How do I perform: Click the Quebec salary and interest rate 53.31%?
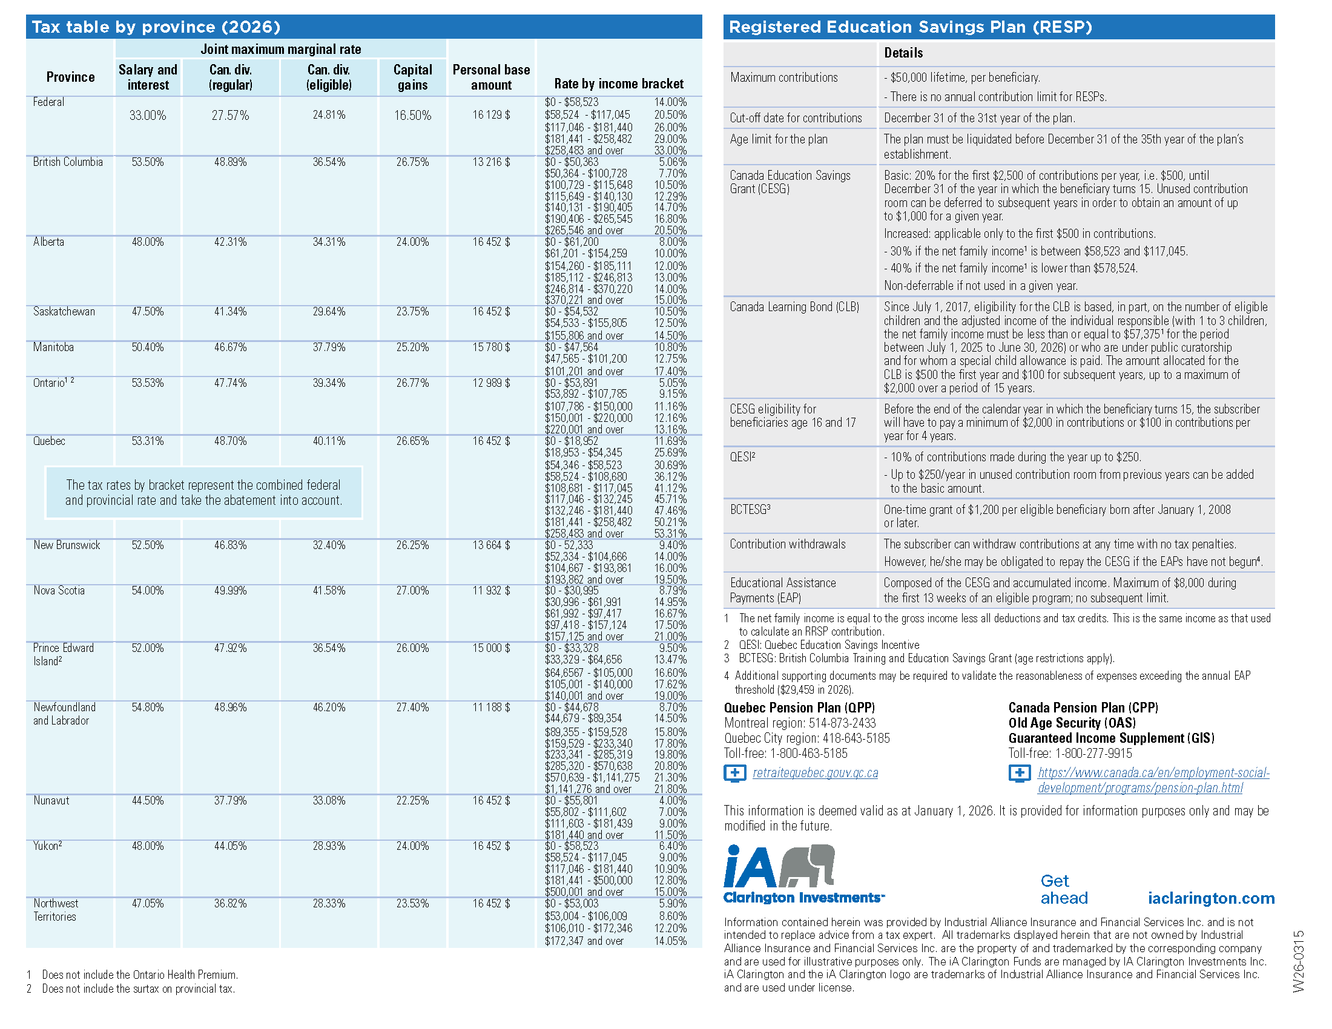[x=148, y=441]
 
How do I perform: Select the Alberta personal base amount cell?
[x=491, y=242]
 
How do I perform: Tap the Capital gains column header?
[x=412, y=77]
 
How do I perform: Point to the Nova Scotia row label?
[x=59, y=590]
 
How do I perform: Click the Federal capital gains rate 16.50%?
[x=412, y=115]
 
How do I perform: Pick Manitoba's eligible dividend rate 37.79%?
[x=329, y=347]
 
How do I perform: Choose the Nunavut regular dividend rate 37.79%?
[x=230, y=800]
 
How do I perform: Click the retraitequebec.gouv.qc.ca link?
[x=815, y=773]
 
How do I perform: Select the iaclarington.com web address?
[x=1211, y=898]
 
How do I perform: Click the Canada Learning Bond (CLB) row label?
[x=794, y=307]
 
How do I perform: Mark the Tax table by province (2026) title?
[x=156, y=27]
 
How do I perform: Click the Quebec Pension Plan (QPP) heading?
[x=799, y=707]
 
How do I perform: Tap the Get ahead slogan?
[x=1063, y=889]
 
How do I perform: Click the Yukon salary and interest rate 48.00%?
[x=148, y=846]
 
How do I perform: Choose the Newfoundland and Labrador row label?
[x=64, y=714]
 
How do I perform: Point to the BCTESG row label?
[x=750, y=509]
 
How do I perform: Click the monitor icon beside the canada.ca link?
[x=1019, y=774]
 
